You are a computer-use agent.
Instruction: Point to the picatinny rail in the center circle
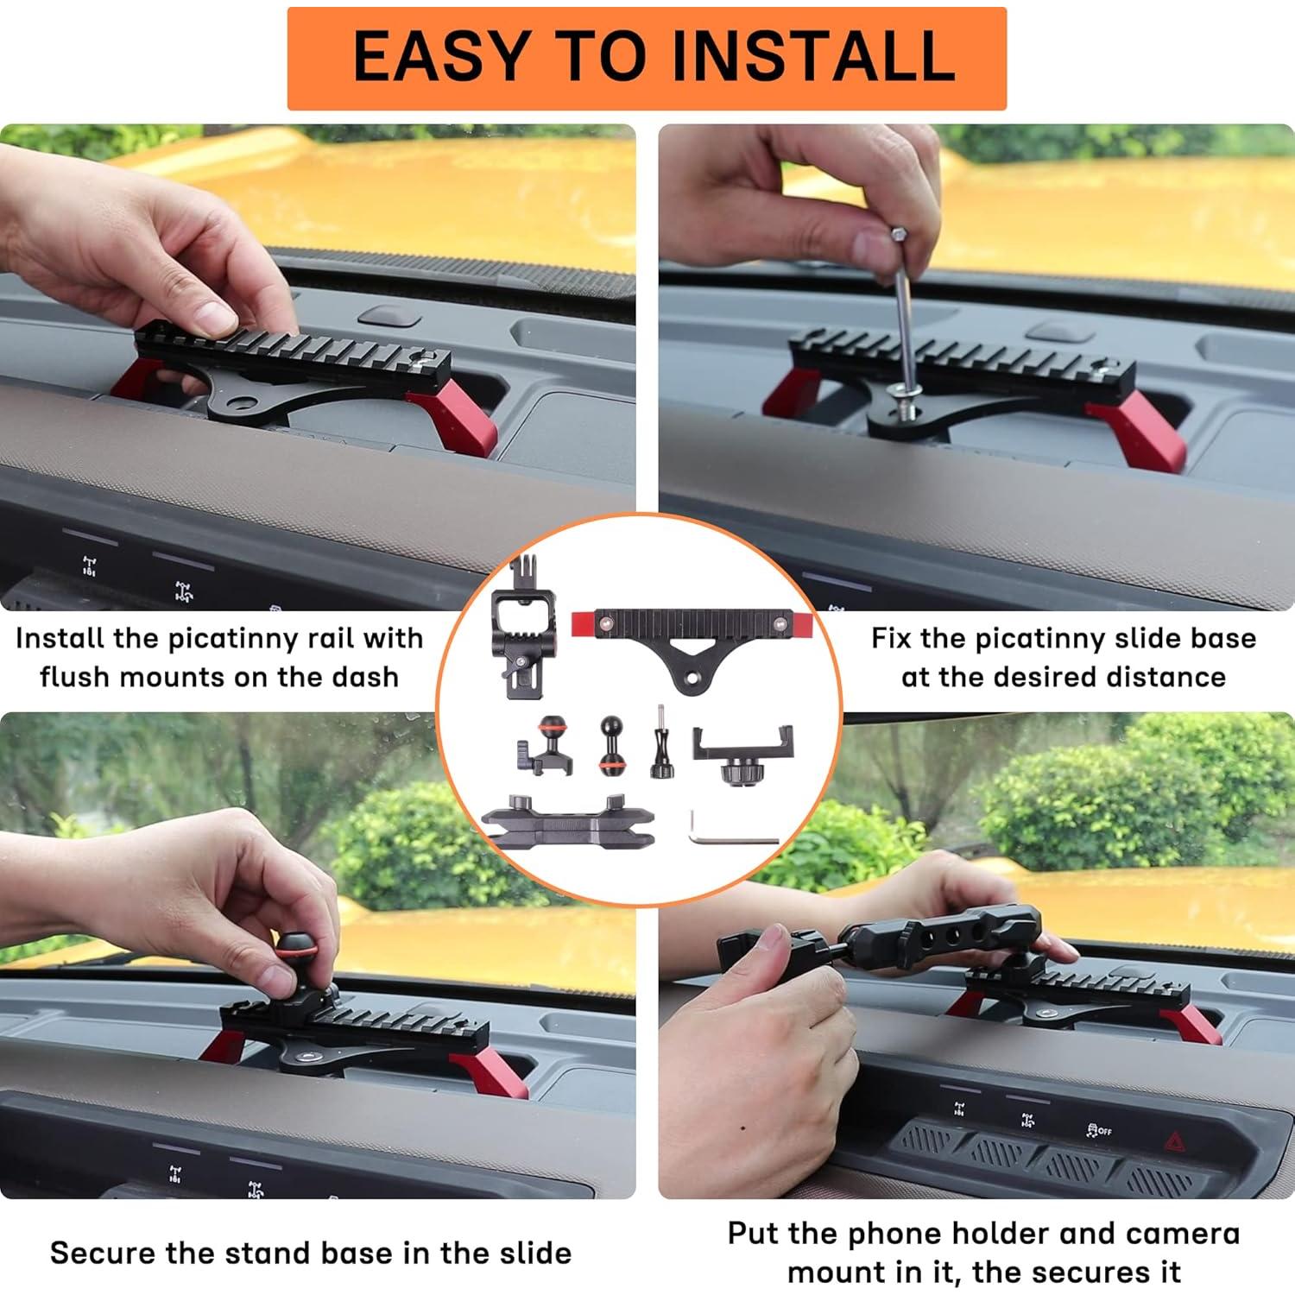(x=693, y=635)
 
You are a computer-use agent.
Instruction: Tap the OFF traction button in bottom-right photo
(x=1099, y=1131)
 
